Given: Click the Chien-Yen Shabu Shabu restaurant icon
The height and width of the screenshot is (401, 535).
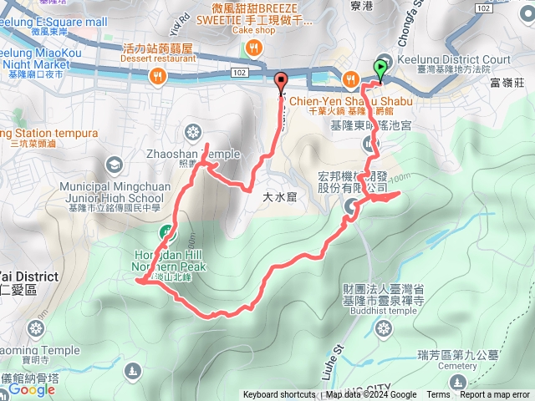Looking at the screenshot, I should [x=351, y=79].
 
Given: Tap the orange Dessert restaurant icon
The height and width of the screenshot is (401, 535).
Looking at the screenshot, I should [x=156, y=77].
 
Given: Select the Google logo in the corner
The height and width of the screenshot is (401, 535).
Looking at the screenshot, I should [x=32, y=389].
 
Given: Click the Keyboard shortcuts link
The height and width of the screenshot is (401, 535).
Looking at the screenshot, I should [x=279, y=395].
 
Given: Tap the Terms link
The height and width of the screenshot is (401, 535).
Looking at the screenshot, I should [x=438, y=395].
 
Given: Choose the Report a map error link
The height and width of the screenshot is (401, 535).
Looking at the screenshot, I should [x=495, y=395].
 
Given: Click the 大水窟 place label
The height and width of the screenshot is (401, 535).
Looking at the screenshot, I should [x=280, y=197].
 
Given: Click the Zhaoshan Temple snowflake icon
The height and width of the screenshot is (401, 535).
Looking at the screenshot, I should [x=194, y=133].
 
